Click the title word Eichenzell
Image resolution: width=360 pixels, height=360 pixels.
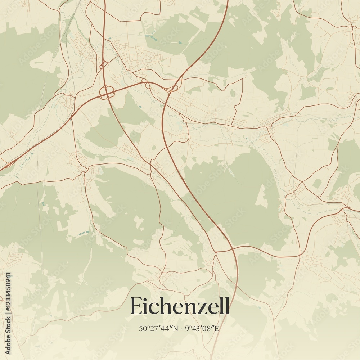coord(180,306)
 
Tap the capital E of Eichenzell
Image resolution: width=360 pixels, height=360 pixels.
coord(136,306)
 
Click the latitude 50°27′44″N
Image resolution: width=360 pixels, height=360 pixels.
coord(158,328)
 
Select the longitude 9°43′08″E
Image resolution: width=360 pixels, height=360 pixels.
coord(202,328)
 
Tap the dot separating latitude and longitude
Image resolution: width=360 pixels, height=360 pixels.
coord(181,328)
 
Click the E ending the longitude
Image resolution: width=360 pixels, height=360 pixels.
coord(217,328)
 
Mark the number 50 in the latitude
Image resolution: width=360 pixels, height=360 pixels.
coord(142,328)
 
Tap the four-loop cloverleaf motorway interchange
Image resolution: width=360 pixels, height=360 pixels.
coord(107,93)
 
